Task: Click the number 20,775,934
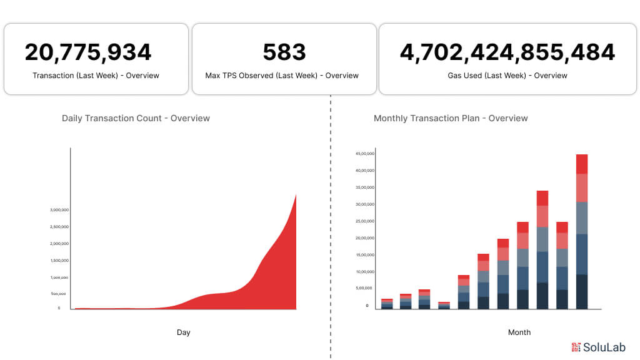click(x=88, y=52)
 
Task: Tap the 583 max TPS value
click(x=284, y=52)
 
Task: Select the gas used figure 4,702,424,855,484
click(x=507, y=52)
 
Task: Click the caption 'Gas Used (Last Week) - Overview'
click(x=507, y=76)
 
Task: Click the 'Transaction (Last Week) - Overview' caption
click(x=96, y=76)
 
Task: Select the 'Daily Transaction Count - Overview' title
click(x=136, y=118)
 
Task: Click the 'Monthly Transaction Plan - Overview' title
click(x=451, y=118)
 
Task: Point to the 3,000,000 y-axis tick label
click(x=59, y=210)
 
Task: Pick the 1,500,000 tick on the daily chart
click(x=59, y=261)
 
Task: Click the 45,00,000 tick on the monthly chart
click(x=364, y=154)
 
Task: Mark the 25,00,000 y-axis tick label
click(x=364, y=221)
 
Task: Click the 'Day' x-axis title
click(x=183, y=332)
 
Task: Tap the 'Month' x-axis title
click(x=519, y=332)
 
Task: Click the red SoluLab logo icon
click(x=576, y=347)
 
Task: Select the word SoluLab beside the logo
click(x=604, y=347)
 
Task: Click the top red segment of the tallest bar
click(x=581, y=164)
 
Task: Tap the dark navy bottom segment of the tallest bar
click(x=581, y=292)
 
